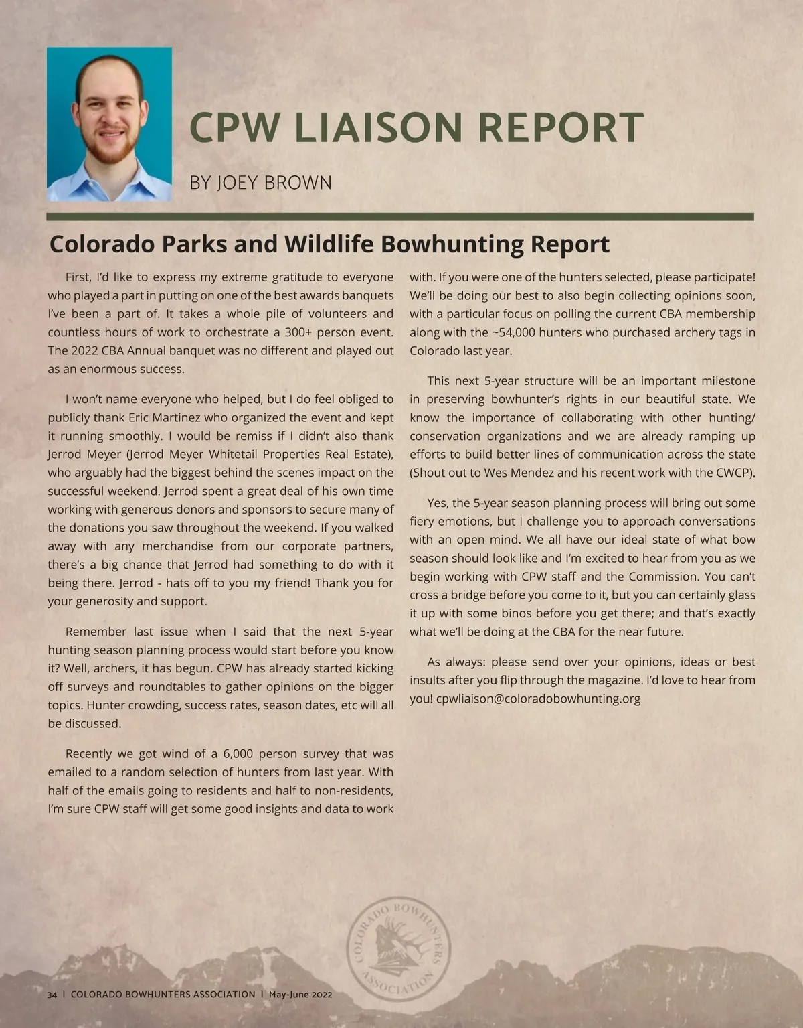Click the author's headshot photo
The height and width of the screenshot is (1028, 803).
point(109,124)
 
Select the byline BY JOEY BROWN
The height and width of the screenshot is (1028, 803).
point(260,182)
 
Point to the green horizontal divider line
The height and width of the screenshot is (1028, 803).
point(400,217)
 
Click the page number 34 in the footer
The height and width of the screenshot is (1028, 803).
point(52,995)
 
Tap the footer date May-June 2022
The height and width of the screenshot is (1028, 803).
point(300,995)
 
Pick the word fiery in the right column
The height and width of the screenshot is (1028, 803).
point(422,522)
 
